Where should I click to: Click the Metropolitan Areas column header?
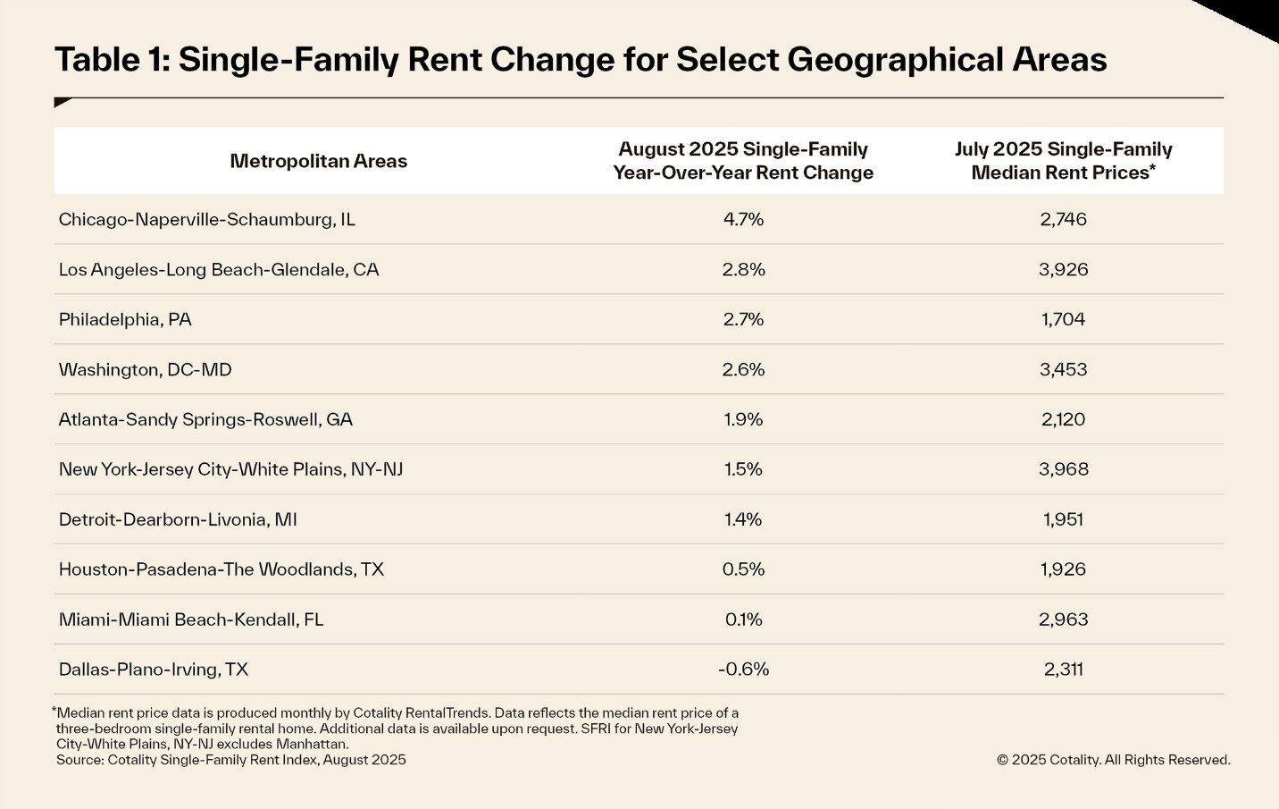coord(318,161)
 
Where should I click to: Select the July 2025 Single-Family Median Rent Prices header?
coord(1063,161)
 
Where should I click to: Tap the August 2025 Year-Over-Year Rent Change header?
coord(743,161)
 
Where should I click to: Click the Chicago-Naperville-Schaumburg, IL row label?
coord(206,219)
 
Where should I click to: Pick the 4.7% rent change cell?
coord(743,219)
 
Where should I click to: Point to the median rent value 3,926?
coord(1063,269)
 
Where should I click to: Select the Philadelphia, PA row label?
coord(125,319)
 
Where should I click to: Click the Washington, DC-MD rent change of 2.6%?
coord(743,369)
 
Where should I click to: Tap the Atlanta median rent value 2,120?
coord(1063,419)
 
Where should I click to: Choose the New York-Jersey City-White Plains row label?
coord(230,469)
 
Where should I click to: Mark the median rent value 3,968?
coord(1063,469)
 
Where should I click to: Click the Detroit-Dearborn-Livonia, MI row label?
coord(178,519)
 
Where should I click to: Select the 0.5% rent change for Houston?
coord(743,569)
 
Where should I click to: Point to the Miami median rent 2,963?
coord(1063,619)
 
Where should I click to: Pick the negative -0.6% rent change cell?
coord(743,670)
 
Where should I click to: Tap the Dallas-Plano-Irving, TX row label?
coord(153,670)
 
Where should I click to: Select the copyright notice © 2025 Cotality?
coord(1113,760)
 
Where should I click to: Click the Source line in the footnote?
coord(230,760)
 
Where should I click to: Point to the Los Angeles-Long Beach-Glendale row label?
coord(219,269)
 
